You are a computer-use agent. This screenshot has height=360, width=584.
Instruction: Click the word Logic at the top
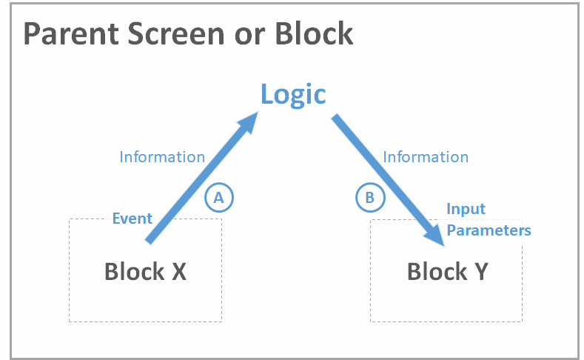coord(293,94)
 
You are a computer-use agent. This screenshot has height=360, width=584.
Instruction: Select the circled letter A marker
coord(218,197)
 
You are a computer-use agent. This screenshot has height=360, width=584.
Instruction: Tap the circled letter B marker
coord(370,197)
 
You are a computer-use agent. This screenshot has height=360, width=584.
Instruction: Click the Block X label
coord(145,271)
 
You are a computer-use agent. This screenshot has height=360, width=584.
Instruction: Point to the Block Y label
coord(447,271)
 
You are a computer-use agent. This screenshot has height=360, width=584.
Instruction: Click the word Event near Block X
coord(132,219)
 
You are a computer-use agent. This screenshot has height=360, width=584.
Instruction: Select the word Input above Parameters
coord(466,209)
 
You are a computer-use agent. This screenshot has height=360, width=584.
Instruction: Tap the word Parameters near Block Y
coord(489,230)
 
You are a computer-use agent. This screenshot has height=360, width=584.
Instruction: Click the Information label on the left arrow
coord(162,157)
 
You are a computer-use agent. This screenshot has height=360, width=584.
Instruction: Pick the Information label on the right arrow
coord(426,157)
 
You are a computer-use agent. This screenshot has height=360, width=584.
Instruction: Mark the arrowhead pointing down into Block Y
coord(434,234)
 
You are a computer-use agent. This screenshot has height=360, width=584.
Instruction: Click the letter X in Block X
coord(178,271)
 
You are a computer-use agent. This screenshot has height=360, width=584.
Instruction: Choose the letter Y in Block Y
coord(480,271)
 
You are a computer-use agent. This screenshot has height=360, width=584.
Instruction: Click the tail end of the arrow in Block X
coord(150,239)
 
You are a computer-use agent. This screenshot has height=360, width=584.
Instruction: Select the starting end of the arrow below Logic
coord(335,118)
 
